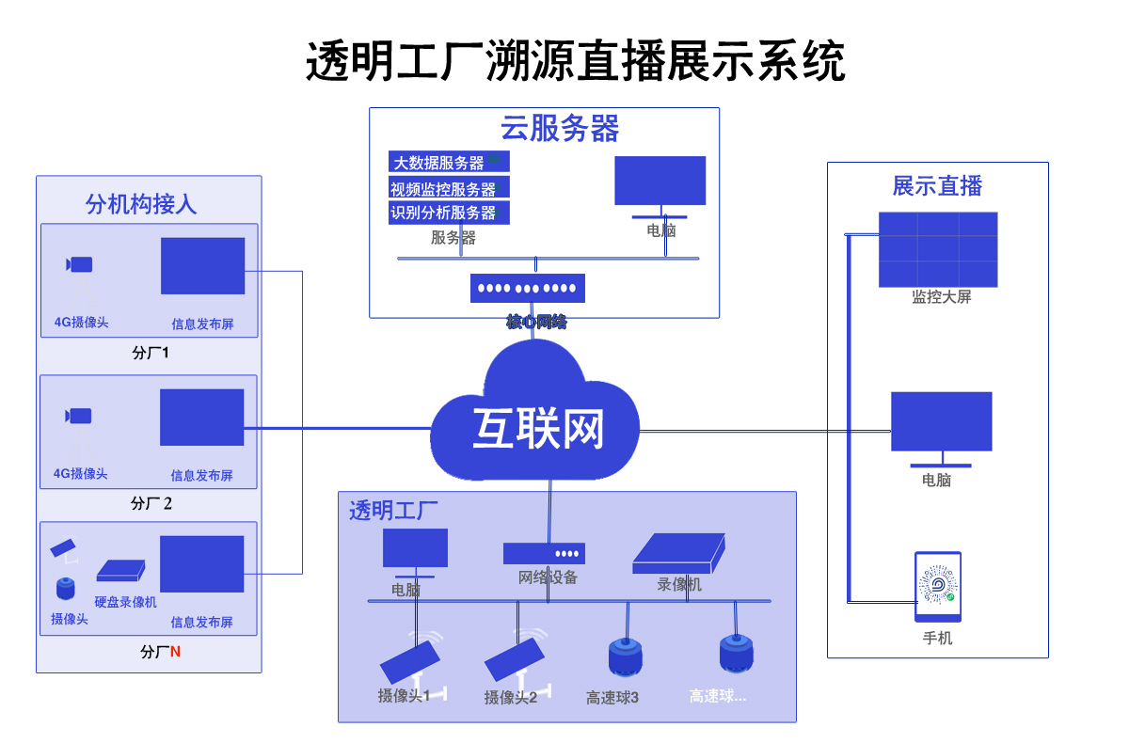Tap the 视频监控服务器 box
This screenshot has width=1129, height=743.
tap(449, 188)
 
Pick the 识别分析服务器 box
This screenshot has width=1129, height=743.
tap(449, 213)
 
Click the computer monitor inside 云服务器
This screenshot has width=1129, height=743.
tap(660, 182)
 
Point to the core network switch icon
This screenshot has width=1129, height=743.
tap(528, 288)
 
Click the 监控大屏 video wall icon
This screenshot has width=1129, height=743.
tap(938, 249)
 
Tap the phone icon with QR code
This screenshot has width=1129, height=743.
tap(938, 587)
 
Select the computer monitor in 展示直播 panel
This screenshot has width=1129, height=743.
tap(941, 422)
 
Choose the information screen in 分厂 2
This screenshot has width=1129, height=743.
tap(201, 418)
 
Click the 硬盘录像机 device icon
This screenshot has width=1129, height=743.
tap(121, 570)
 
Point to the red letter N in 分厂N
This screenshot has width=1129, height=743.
tap(175, 651)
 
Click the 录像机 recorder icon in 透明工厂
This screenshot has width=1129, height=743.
tap(678, 554)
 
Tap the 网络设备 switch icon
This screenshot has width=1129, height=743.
tap(544, 553)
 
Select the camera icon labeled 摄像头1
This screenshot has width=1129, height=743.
tap(410, 661)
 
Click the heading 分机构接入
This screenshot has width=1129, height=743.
tap(141, 204)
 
